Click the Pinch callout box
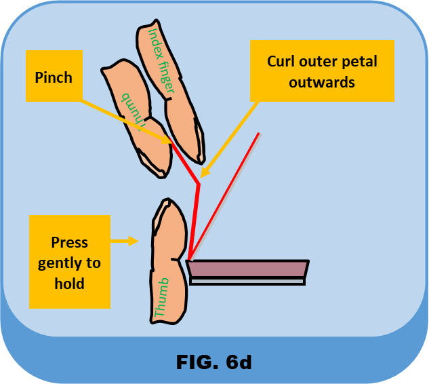(x=54, y=77)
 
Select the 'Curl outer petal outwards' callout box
(x=322, y=71)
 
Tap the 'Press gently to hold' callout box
(x=70, y=262)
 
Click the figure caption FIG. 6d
(x=214, y=362)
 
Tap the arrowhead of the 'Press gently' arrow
(x=134, y=240)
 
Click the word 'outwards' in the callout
(x=322, y=82)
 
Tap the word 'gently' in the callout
(x=69, y=263)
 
